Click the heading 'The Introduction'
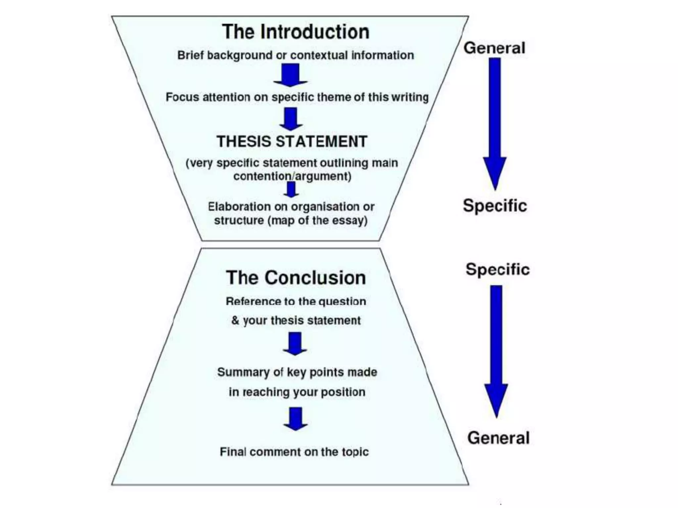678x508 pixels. point(295,32)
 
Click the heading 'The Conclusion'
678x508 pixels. point(296,278)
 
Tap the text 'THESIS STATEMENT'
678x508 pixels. point(292,142)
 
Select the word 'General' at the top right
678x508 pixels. point(494,48)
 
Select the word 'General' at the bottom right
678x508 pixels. point(498,438)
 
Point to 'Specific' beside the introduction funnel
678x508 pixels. point(495,206)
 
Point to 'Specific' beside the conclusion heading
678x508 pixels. point(497,269)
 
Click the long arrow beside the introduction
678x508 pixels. point(495,122)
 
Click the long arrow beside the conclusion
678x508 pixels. point(496,351)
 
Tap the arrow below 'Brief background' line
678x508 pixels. point(290,75)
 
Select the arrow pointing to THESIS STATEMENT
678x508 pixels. point(291,119)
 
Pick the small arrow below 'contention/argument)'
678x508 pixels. point(291,190)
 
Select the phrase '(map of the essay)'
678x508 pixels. point(317,221)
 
